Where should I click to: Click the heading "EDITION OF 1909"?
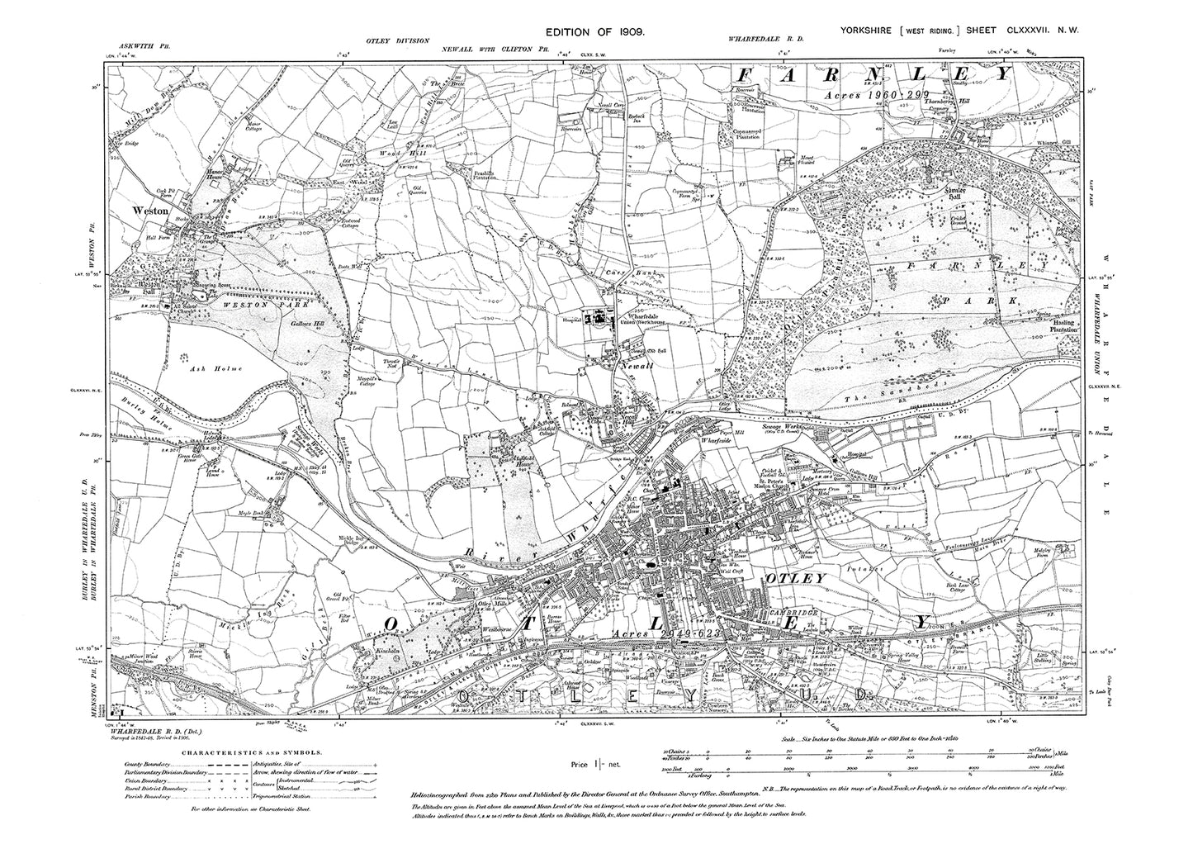(x=594, y=31)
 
